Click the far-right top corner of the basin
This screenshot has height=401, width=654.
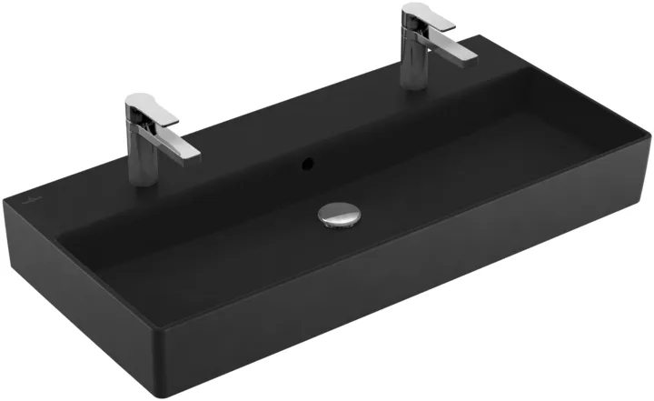(x=649, y=136)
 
